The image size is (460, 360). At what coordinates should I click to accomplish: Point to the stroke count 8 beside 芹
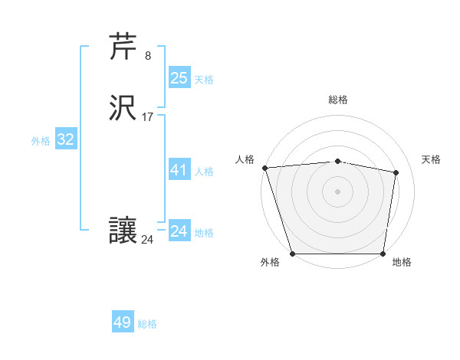148,55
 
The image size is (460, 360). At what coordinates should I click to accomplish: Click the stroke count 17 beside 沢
148,117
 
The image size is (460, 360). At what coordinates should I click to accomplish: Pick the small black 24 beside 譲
148,239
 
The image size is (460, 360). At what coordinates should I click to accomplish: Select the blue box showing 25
179,77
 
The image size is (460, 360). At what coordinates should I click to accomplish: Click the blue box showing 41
179,170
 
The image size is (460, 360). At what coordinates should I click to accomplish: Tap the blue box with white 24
179,231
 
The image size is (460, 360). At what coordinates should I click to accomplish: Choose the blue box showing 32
65,139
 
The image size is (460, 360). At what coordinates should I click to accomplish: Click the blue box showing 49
123,322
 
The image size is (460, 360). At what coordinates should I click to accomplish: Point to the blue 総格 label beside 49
148,324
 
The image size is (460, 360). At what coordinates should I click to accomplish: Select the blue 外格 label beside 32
41,141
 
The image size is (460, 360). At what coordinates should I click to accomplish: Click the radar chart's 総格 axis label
338,100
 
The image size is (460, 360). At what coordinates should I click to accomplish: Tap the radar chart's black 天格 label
431,159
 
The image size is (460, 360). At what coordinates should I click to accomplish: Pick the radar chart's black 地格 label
402,263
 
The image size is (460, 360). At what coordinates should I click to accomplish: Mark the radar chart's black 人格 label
245,159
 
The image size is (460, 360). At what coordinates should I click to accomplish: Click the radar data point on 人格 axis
264,168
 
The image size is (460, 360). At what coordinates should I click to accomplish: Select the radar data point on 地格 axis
383,253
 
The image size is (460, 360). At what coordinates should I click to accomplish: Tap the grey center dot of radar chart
338,191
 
